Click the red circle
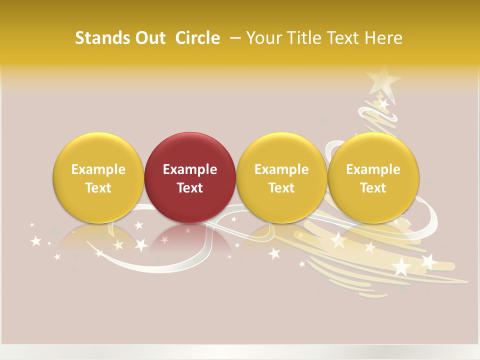tap(190, 177)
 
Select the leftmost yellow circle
tap(98, 177)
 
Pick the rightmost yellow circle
tap(373, 177)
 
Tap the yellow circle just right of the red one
tap(281, 177)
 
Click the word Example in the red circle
tap(190, 169)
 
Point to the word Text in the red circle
tap(190, 188)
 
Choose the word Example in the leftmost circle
tap(98, 169)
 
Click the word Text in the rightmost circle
tap(373, 188)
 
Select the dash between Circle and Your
tap(235, 38)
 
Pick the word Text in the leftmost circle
tap(98, 188)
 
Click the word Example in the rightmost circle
tap(373, 169)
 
